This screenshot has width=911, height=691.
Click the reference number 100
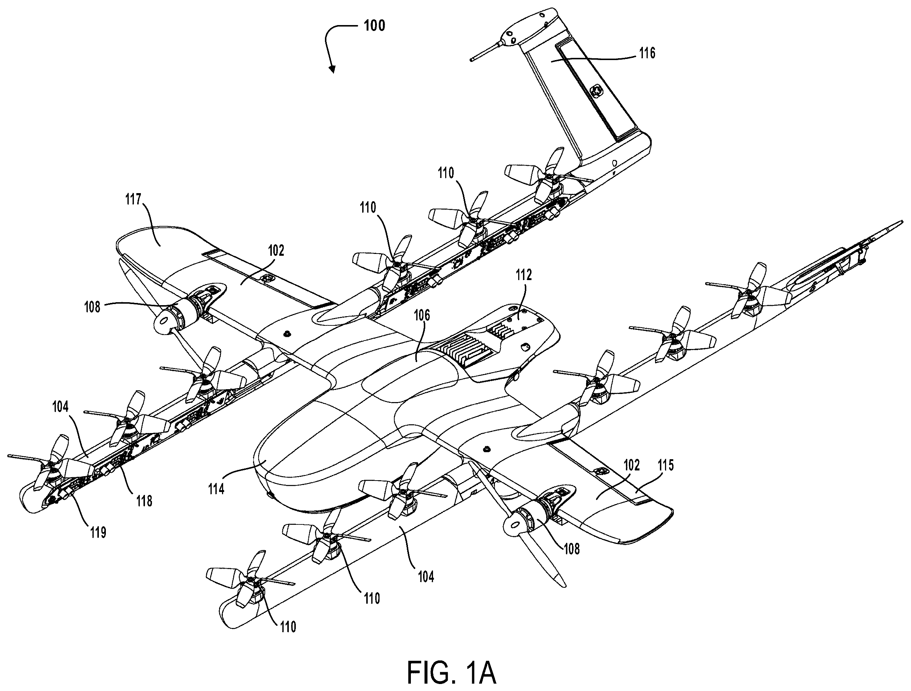[x=374, y=25]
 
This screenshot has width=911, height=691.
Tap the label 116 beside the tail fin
[x=647, y=53]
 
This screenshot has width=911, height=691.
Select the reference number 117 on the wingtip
[x=134, y=200]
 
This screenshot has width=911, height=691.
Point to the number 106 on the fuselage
[x=422, y=315]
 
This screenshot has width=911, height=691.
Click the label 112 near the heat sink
[x=524, y=275]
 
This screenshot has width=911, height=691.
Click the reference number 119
[x=98, y=533]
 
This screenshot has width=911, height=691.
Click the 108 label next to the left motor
[x=92, y=307]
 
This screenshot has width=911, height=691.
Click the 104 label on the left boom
[x=60, y=407]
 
